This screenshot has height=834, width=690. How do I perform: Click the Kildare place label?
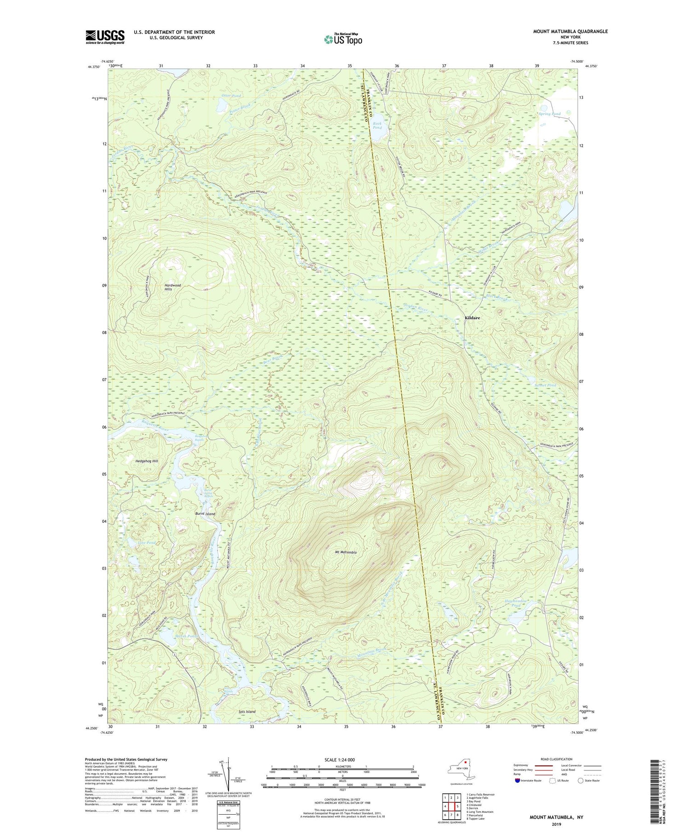[472, 318]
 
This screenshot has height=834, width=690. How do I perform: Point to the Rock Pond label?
[377, 125]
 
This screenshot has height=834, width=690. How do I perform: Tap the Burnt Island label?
[205, 514]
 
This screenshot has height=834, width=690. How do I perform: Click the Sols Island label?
[247, 712]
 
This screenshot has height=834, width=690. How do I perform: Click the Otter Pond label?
[231, 96]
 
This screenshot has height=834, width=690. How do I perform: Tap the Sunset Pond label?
[545, 385]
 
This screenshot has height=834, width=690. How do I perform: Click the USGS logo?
[105, 37]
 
